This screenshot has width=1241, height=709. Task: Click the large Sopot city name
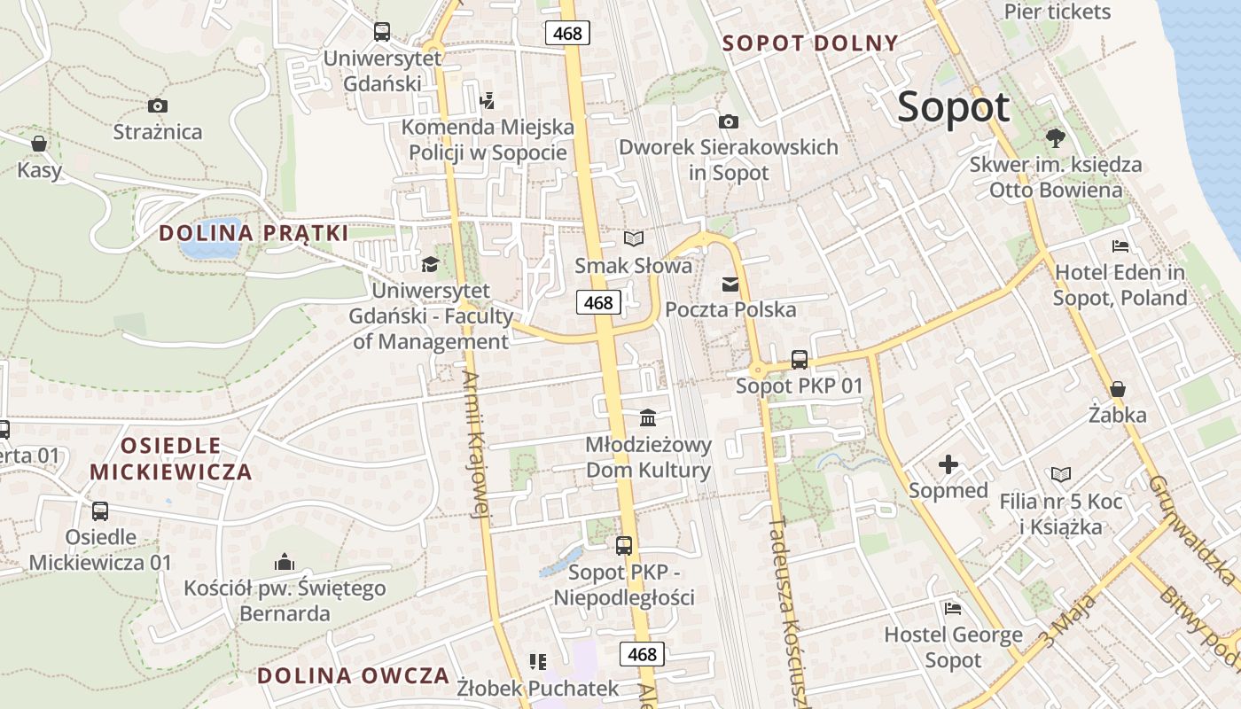click(x=953, y=107)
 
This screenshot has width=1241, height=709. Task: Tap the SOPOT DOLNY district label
click(x=810, y=43)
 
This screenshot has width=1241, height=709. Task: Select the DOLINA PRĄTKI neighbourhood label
click(x=254, y=233)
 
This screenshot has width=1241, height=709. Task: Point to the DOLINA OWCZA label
click(x=354, y=675)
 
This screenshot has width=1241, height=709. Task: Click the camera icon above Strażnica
click(x=158, y=106)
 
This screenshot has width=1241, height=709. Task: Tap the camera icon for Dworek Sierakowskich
click(x=728, y=121)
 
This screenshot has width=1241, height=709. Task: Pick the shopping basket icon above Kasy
click(x=39, y=144)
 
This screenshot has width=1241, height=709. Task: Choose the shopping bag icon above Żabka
click(x=1118, y=389)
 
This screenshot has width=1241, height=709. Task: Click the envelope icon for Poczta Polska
click(x=730, y=284)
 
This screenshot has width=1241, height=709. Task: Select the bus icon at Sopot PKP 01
click(x=799, y=360)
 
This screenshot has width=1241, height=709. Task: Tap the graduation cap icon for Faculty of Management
click(x=431, y=264)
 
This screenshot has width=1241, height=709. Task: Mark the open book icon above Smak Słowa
click(x=633, y=239)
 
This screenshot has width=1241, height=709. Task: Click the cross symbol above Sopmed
click(x=948, y=464)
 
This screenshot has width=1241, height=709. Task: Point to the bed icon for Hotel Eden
click(x=1120, y=245)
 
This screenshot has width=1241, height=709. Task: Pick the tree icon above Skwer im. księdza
click(x=1055, y=138)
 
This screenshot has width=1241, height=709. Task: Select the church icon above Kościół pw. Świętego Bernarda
click(x=285, y=562)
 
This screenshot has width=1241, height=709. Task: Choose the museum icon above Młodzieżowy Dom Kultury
click(x=648, y=417)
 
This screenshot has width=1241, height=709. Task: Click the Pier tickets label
click(x=1057, y=12)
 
